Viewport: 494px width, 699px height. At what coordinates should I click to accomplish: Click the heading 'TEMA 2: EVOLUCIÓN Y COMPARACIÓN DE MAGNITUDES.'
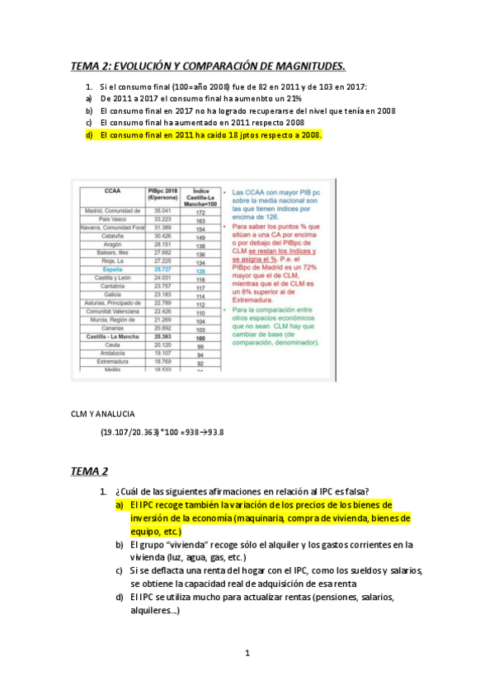208,66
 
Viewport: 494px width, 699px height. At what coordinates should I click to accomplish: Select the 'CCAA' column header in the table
114,190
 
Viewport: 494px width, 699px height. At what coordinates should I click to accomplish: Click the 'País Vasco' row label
114,220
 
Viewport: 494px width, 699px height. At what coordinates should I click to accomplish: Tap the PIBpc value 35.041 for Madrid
162,211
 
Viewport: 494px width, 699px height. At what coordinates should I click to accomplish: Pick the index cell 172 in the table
199,212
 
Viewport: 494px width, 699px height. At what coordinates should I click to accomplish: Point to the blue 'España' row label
114,270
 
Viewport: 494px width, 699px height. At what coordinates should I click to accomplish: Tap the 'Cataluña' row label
114,237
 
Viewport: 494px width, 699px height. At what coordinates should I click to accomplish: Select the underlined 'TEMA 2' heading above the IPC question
89,471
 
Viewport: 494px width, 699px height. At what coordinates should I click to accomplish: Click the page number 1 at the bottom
247,653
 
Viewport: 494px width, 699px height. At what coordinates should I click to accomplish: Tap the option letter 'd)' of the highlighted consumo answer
89,135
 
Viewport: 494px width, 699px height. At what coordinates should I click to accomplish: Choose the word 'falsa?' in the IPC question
355,492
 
